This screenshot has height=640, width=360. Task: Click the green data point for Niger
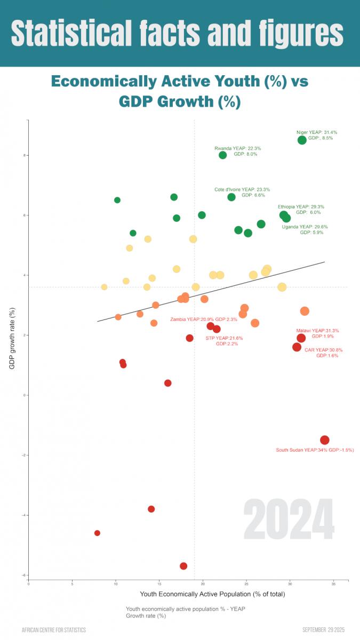click(302, 140)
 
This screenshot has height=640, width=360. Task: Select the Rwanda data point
click(223, 155)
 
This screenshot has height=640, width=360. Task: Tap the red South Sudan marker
click(325, 440)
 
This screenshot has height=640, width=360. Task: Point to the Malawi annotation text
click(317, 333)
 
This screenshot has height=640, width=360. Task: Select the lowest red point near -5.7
click(183, 566)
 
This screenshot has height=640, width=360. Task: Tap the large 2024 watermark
click(289, 520)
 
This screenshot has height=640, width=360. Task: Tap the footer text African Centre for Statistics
click(53, 630)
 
